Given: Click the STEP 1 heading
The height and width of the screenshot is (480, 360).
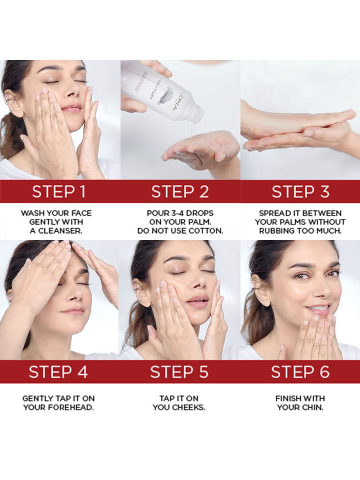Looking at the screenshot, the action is click(59, 192).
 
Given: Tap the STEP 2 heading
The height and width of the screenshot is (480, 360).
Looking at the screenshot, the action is click(180, 192).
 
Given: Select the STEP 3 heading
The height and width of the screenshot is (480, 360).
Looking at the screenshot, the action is click(300, 192).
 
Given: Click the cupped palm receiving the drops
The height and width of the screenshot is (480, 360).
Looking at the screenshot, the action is click(196, 152).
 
